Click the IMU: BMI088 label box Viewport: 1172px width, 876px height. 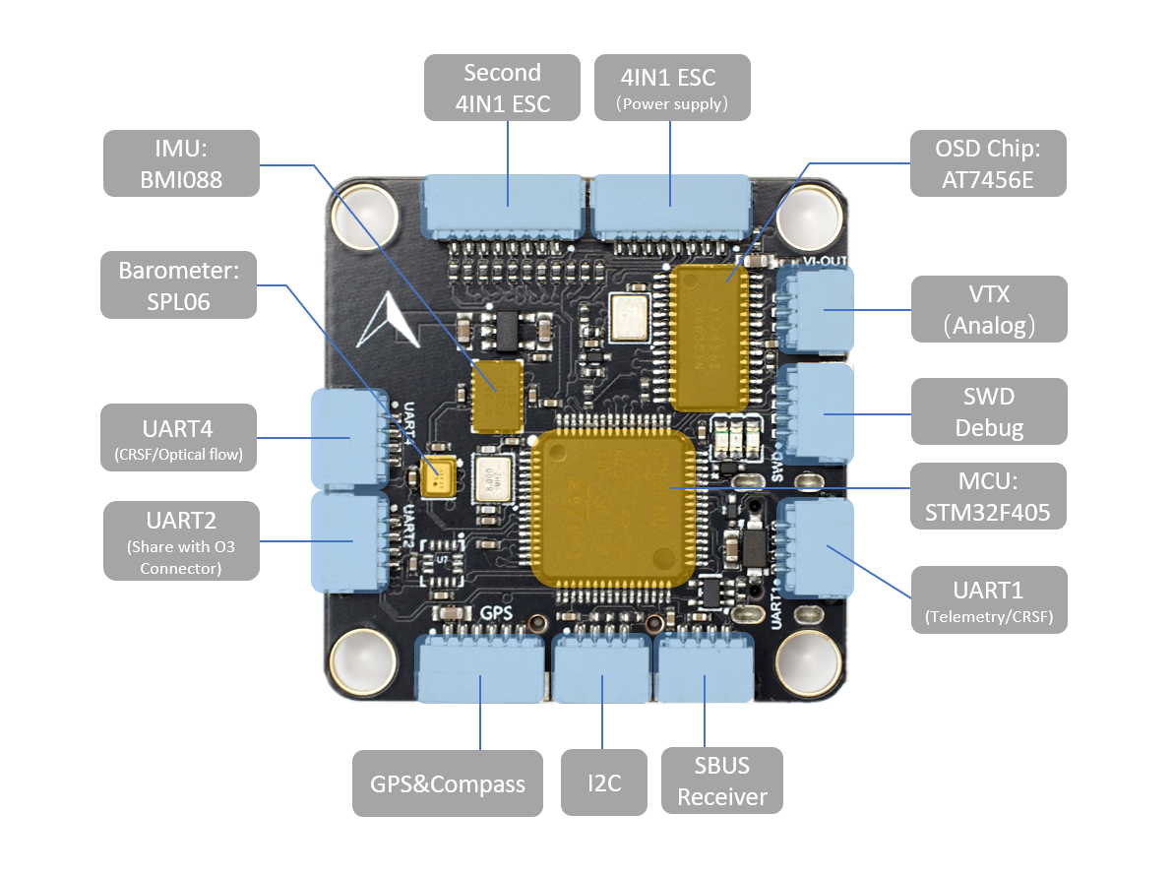click(x=181, y=162)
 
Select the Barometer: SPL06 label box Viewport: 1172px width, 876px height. click(x=178, y=284)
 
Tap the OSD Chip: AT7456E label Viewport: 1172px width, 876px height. click(x=987, y=163)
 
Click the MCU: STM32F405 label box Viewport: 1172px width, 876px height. click(x=988, y=496)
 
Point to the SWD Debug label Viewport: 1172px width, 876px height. click(x=988, y=411)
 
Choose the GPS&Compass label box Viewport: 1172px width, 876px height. click(x=447, y=783)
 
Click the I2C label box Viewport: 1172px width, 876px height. click(x=603, y=783)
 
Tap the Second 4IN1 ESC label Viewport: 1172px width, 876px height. click(x=502, y=88)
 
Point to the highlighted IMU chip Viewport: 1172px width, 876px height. click(x=497, y=396)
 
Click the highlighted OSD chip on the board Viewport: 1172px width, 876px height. click(x=709, y=337)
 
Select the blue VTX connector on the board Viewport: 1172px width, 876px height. click(x=816, y=310)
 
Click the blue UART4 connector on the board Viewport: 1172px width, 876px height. click(x=347, y=438)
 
